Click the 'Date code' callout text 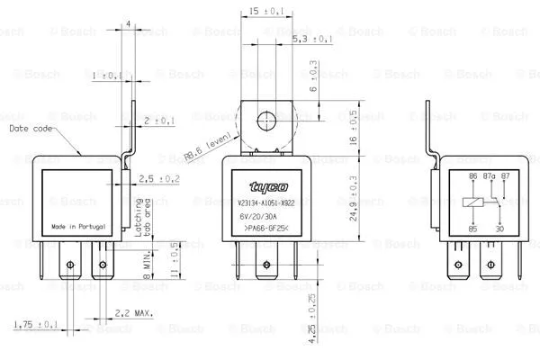31,129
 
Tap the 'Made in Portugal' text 76,226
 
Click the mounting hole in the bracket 266,119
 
